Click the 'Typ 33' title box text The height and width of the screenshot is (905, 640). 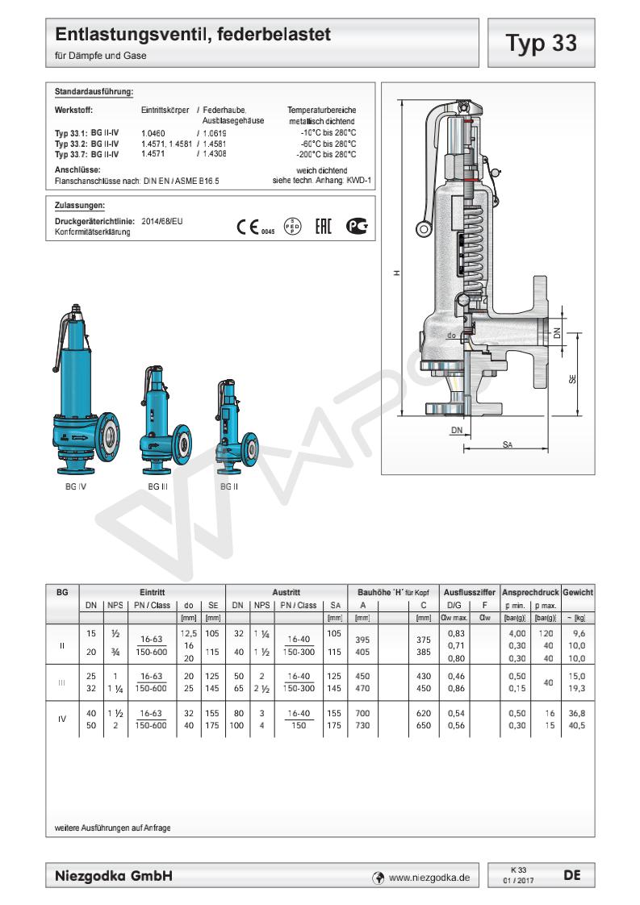point(541,43)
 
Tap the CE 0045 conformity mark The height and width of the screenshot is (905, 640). point(255,227)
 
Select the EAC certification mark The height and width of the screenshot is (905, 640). point(324,226)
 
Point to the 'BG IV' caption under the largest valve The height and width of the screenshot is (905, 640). point(76,486)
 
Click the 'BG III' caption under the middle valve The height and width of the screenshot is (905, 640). point(157,486)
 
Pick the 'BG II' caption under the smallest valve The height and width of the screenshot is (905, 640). point(229,486)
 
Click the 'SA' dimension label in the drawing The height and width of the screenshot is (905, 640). point(507,444)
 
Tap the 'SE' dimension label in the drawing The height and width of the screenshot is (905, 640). point(572,379)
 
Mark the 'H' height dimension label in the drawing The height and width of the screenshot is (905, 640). point(397,273)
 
